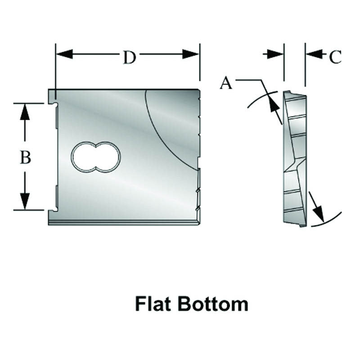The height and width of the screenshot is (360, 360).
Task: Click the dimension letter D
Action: click(129, 57)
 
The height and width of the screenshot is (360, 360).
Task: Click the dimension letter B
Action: click(25, 157)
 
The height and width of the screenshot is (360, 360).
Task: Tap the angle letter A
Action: click(226, 83)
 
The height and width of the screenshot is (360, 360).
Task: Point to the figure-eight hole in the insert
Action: click(96, 157)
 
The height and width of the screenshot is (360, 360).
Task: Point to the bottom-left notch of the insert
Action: click(53, 209)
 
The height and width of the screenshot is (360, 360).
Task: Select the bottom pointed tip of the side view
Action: click(305, 225)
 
